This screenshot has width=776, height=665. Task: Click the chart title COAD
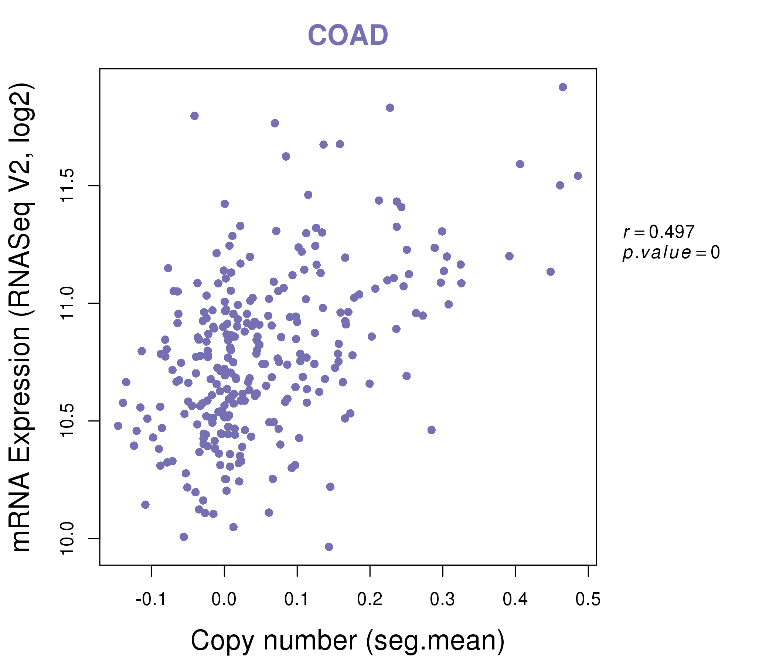tap(348, 35)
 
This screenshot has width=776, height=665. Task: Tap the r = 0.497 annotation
tap(659, 232)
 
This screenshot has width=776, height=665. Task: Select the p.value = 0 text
tap(671, 253)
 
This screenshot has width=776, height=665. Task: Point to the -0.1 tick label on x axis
tap(151, 600)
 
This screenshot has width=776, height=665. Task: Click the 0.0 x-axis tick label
tap(224, 600)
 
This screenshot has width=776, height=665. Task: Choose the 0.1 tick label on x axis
tap(297, 600)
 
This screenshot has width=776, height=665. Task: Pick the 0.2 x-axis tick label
tap(370, 600)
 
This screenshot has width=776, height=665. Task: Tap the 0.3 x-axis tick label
tap(442, 600)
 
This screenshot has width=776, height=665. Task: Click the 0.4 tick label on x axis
tap(515, 600)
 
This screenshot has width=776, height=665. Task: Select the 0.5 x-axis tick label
tap(588, 600)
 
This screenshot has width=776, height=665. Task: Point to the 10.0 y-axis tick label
tap(68, 538)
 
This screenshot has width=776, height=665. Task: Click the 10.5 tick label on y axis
tap(68, 421)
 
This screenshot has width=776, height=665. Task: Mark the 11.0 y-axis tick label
tap(68, 303)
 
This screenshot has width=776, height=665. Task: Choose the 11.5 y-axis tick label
tap(68, 186)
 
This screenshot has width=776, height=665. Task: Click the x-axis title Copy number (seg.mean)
tap(348, 641)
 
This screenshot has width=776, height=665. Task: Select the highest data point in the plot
tap(563, 87)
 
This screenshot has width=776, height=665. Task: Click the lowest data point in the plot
tap(329, 547)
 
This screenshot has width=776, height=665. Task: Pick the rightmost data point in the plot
tap(578, 176)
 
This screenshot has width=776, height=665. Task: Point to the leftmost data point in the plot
tap(118, 426)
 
